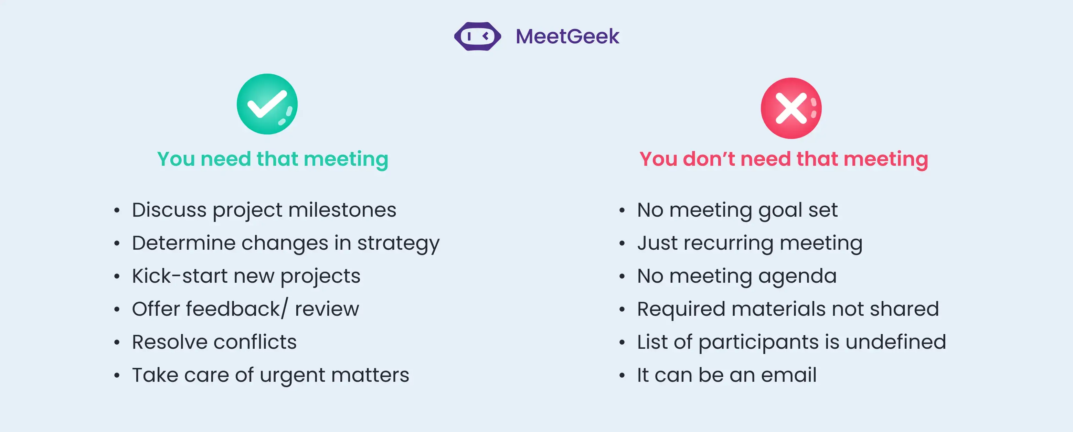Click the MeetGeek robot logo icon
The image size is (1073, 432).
tap(477, 36)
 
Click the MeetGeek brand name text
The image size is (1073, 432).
tap(567, 36)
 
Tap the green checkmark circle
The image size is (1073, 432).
tap(267, 104)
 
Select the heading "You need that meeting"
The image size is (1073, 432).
tap(273, 159)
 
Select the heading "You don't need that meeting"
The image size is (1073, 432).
tap(784, 159)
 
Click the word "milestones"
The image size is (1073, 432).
tap(342, 210)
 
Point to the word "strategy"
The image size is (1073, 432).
tap(398, 244)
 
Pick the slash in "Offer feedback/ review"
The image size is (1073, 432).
tap(285, 309)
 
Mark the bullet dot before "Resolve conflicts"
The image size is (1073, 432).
tap(117, 343)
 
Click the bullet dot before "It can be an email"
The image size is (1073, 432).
tap(622, 375)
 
